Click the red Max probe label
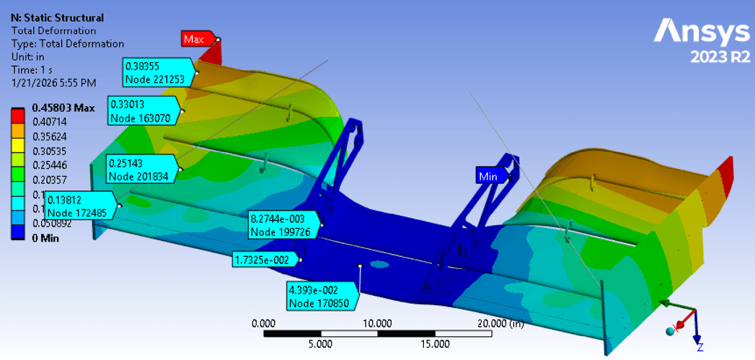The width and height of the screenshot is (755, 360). (x=193, y=38)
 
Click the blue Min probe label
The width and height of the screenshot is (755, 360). (x=487, y=175)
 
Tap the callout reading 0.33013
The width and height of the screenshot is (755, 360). (x=144, y=110)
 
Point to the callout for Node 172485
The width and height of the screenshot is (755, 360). (x=80, y=206)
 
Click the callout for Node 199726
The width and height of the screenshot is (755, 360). (x=283, y=224)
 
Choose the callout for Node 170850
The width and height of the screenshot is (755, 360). (x=321, y=297)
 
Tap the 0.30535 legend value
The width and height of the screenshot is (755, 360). (x=48, y=151)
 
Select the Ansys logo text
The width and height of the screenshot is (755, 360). (x=702, y=31)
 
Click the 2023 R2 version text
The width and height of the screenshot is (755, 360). (x=720, y=57)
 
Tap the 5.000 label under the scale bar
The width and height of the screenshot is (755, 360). (x=320, y=343)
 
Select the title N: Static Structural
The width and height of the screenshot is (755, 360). (x=57, y=17)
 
